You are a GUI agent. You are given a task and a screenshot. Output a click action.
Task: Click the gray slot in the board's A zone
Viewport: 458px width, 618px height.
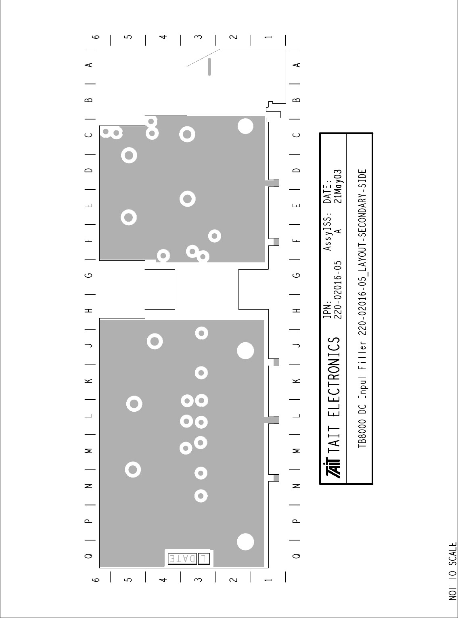[x=209, y=67]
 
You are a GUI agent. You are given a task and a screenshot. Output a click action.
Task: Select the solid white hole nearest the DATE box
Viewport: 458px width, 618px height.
[x=245, y=542]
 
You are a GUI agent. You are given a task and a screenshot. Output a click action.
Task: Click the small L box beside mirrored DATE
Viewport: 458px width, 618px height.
[x=204, y=558]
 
